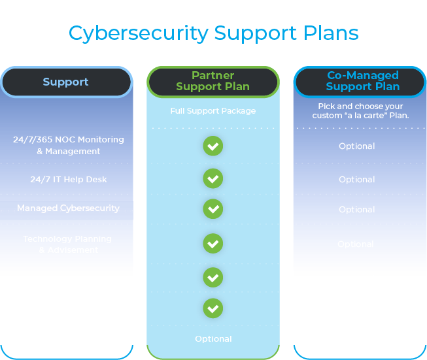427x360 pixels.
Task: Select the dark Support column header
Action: pos(66,82)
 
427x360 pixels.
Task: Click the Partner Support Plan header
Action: pos(213,82)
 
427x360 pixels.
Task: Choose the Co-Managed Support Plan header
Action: pos(362,82)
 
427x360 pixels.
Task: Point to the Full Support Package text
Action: pos(213,111)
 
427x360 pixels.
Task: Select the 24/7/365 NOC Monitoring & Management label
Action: pos(69,146)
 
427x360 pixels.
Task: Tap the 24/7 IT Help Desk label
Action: pos(69,180)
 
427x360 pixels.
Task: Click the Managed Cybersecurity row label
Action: pos(69,208)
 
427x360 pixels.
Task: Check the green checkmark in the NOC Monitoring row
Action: pos(213,146)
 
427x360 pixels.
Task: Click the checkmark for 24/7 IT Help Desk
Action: pos(213,178)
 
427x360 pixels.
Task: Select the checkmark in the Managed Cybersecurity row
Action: pos(213,209)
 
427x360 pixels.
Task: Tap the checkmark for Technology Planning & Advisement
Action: pos(213,244)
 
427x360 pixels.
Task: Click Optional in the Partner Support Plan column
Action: pos(213,339)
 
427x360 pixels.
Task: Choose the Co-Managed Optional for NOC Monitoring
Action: pos(357,146)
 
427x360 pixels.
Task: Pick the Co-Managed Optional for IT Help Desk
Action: pos(357,180)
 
